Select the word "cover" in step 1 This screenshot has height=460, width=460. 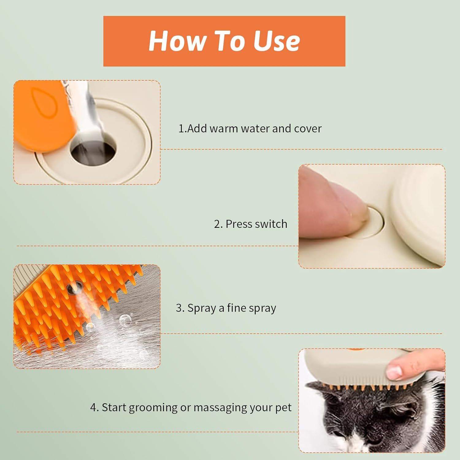coord(308,128)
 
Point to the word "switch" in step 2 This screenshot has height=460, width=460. coord(272,224)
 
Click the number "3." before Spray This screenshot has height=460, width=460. coord(180,308)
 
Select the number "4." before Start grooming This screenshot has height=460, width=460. coord(94,408)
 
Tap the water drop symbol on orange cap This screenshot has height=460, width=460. coord(44,103)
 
